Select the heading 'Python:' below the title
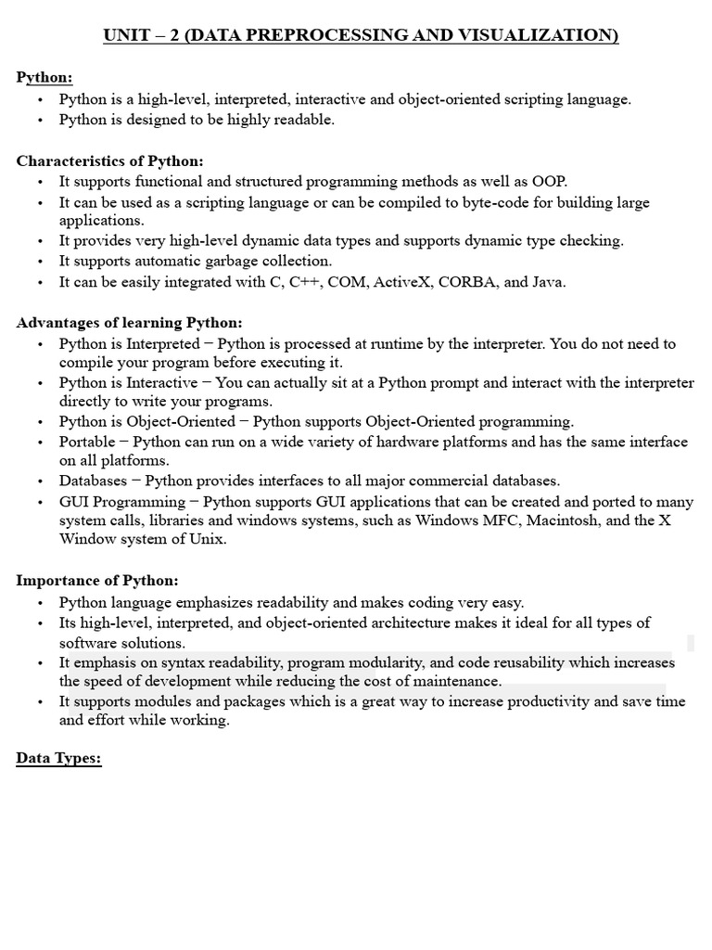[x=44, y=77]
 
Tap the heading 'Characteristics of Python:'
[x=110, y=160]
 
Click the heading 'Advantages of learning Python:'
[x=129, y=323]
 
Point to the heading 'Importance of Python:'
[x=97, y=580]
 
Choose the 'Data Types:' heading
[x=58, y=758]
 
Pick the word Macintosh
[x=569, y=520]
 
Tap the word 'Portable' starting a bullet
[x=87, y=442]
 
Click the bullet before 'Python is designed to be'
[x=41, y=120]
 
